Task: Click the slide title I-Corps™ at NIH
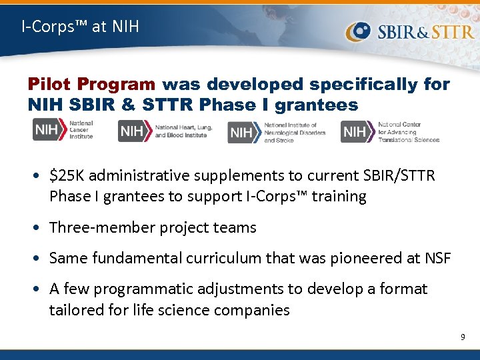(80, 27)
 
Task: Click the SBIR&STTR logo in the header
(409, 31)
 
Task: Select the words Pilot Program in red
(91, 85)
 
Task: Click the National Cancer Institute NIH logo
(63, 129)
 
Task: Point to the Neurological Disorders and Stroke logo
(277, 132)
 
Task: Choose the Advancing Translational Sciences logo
(390, 132)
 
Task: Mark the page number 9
(463, 338)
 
